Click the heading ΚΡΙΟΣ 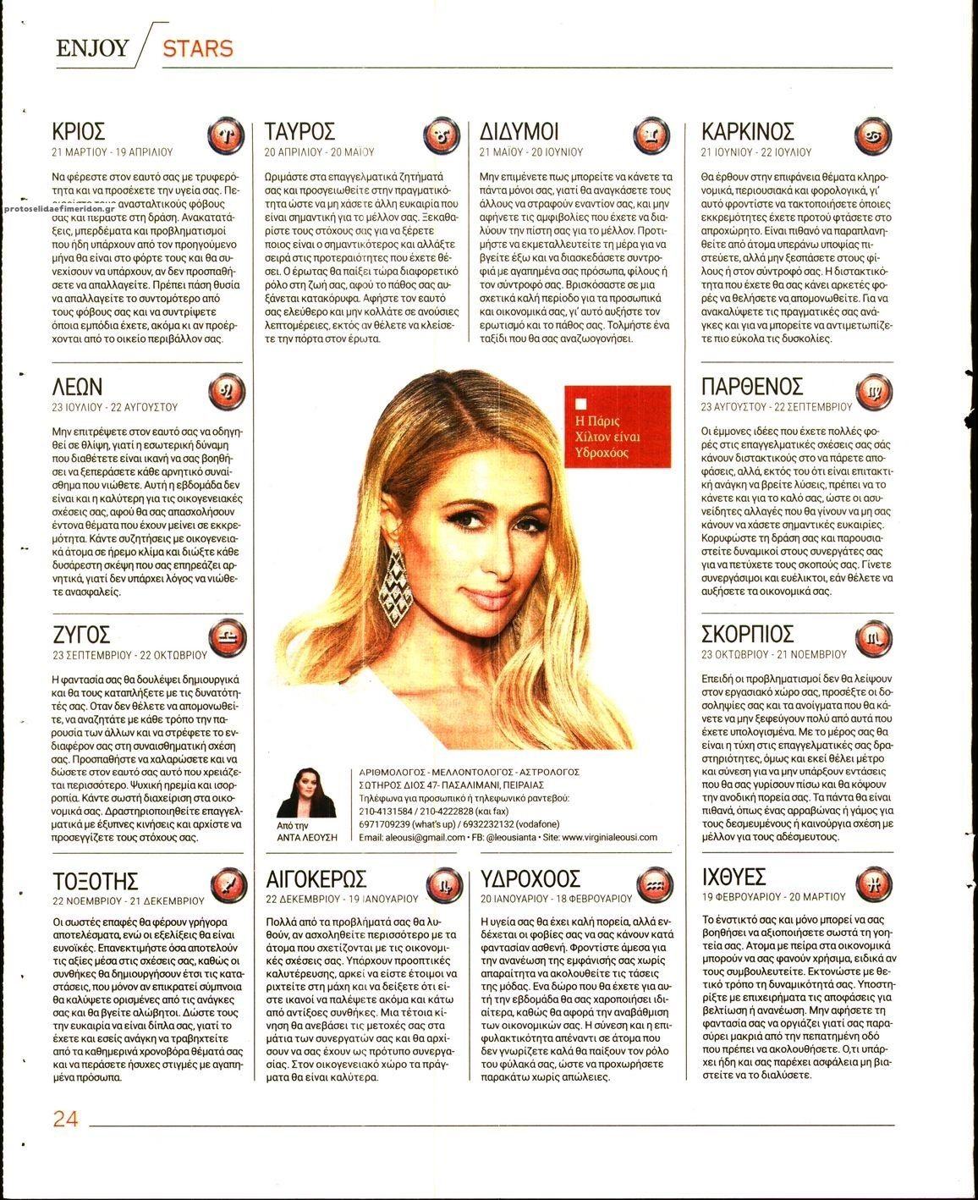(x=78, y=132)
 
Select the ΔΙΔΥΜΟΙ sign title (x=519, y=132)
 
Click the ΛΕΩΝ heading (x=77, y=388)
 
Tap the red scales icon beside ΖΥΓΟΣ (x=227, y=636)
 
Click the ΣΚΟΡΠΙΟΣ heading (x=748, y=635)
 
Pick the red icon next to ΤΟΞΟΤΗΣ (x=227, y=883)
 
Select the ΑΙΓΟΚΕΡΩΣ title (x=316, y=877)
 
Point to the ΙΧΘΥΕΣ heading (x=734, y=875)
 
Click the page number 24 (x=65, y=1119)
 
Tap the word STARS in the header (x=197, y=48)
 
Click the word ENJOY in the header (x=92, y=48)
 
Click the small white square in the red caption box (x=580, y=403)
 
